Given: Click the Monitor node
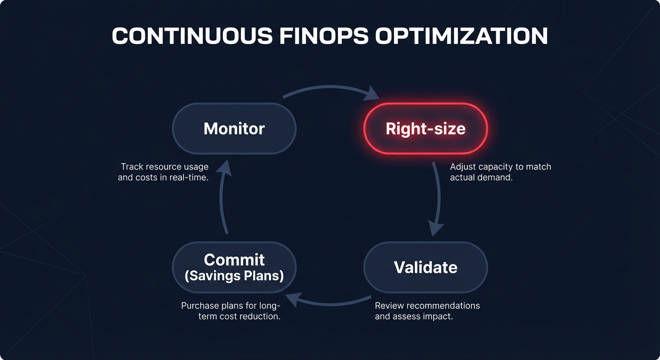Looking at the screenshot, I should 234,128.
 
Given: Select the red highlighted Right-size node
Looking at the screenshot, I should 426,128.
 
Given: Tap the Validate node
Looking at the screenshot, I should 426,267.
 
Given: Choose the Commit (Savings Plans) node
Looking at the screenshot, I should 234,267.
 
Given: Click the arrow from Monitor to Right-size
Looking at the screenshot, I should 330,88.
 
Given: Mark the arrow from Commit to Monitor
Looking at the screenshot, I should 223,197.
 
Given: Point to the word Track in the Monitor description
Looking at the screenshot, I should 131,167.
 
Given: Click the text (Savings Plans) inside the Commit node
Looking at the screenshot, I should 234,276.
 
